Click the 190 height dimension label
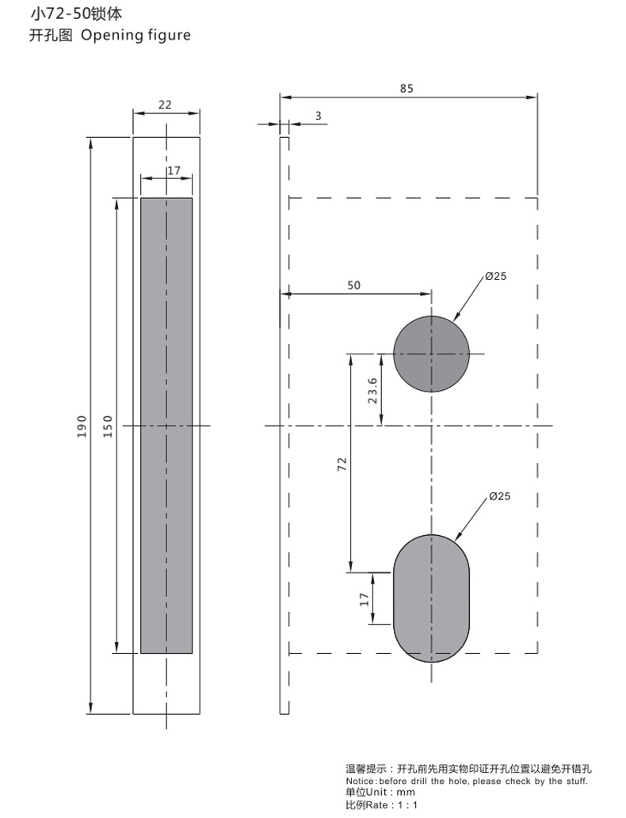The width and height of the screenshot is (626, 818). coord(82,426)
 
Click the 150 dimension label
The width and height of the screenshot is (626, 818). coord(108,426)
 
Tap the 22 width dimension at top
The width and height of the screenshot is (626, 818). coord(165,105)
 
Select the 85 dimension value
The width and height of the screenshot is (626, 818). coord(407,89)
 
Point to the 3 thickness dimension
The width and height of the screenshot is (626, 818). coord(319,116)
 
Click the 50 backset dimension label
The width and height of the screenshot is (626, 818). coord(353,285)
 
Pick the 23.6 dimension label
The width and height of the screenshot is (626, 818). coord(372,390)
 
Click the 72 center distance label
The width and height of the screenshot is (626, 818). coord(342,464)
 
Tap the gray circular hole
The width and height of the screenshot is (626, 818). coord(431,354)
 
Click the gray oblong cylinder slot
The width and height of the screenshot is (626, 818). coord(431,598)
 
